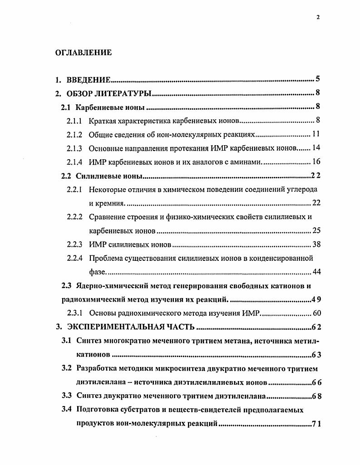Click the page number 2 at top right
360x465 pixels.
coord(318,17)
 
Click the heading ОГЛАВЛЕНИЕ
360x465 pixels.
coord(84,53)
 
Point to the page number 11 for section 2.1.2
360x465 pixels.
coord(317,135)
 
